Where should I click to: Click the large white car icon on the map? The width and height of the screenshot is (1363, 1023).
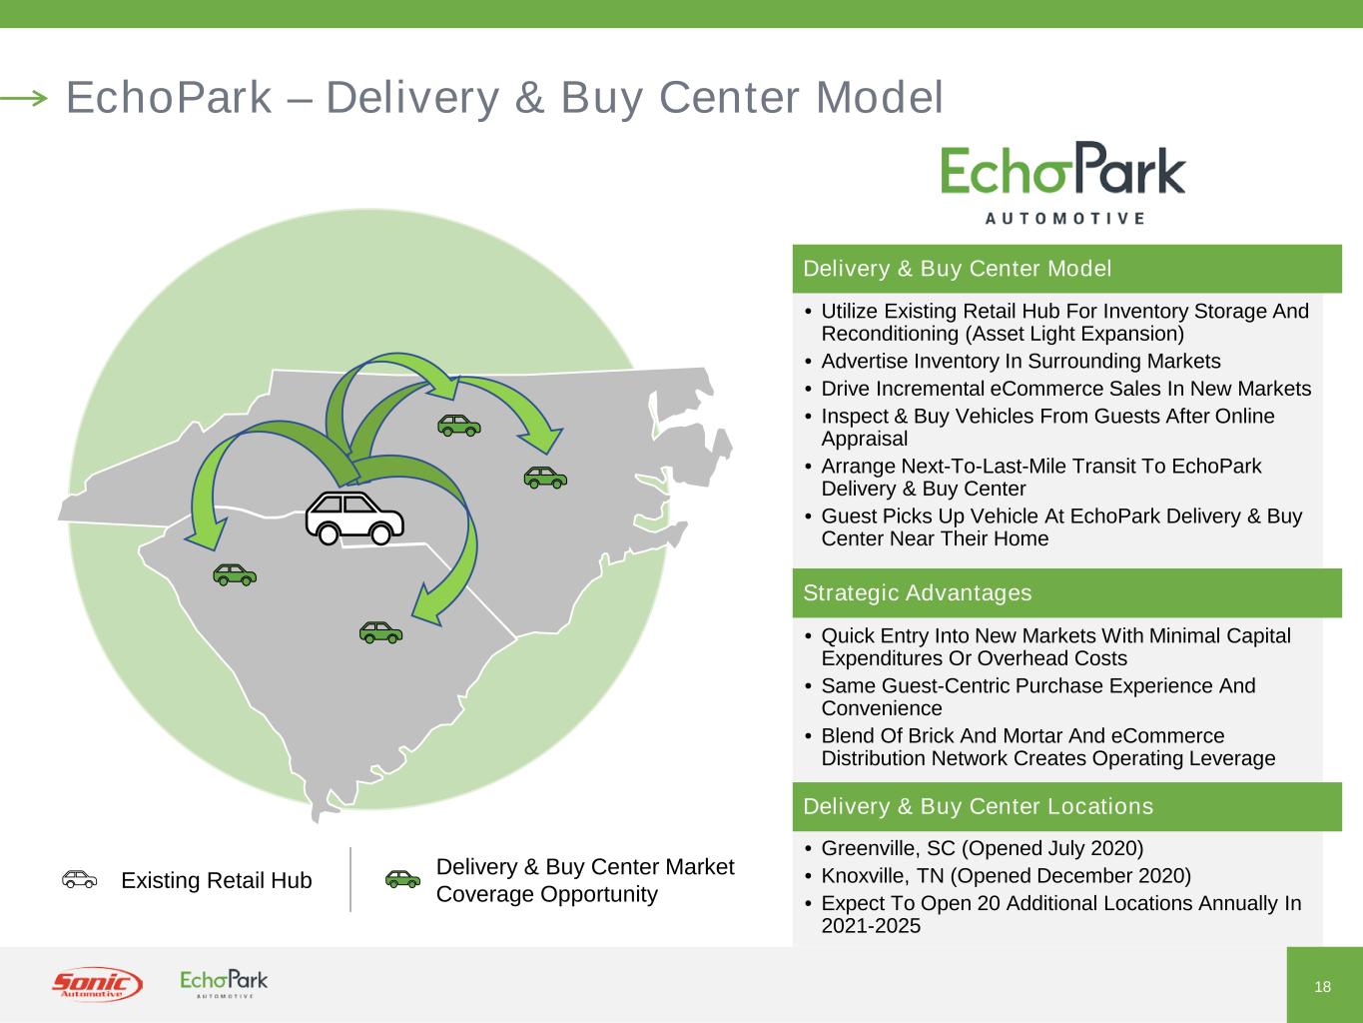pyautogui.click(x=354, y=517)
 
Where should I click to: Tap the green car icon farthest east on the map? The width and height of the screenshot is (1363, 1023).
pyautogui.click(x=545, y=478)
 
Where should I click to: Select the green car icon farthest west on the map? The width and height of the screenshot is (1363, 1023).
pyautogui.click(x=235, y=574)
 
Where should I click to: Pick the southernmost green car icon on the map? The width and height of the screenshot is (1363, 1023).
pyautogui.click(x=380, y=631)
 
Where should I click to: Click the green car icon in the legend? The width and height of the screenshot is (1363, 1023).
pyautogui.click(x=402, y=879)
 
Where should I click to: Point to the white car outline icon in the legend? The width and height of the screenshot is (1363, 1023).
pyautogui.click(x=79, y=879)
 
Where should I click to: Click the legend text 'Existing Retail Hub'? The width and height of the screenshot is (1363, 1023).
pyautogui.click(x=216, y=880)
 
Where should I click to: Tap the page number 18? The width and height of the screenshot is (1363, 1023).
pyautogui.click(x=1323, y=987)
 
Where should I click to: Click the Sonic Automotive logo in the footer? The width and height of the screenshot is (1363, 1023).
pyautogui.click(x=97, y=984)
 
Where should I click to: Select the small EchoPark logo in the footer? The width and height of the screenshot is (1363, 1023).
pyautogui.click(x=224, y=983)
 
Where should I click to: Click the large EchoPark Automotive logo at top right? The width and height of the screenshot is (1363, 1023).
pyautogui.click(x=1063, y=182)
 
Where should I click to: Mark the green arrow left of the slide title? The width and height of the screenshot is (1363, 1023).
pyautogui.click(x=24, y=97)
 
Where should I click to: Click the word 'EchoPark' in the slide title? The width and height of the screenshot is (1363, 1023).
pyautogui.click(x=168, y=97)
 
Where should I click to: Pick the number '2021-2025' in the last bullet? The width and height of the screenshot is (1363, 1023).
pyautogui.click(x=871, y=926)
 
